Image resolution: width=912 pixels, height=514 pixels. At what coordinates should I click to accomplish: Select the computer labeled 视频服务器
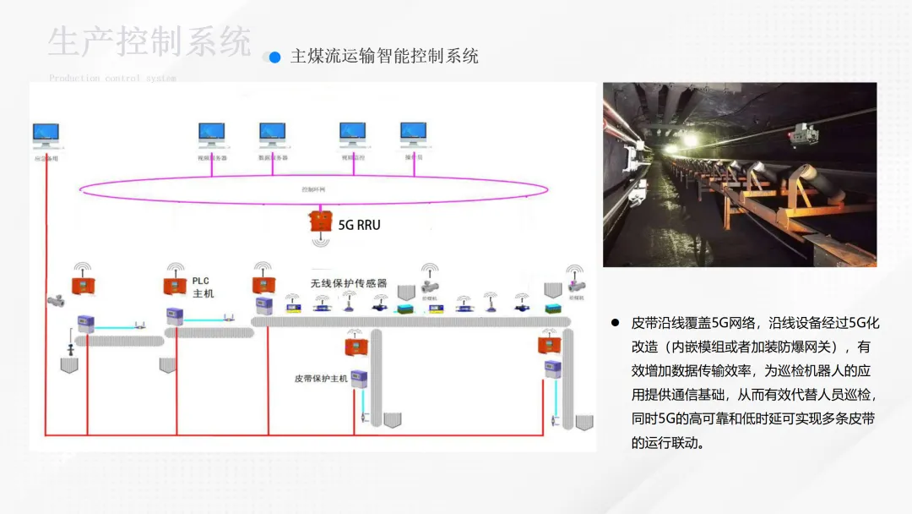click(x=211, y=134)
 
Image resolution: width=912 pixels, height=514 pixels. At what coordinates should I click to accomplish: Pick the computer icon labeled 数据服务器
click(x=272, y=134)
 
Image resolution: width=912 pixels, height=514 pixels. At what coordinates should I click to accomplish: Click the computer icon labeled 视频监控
click(x=352, y=134)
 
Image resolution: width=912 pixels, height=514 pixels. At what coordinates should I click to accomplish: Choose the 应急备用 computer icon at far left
click(x=46, y=134)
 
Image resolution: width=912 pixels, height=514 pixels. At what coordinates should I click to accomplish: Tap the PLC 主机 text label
click(x=203, y=287)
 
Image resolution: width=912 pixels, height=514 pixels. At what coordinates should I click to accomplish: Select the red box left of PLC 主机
click(x=175, y=286)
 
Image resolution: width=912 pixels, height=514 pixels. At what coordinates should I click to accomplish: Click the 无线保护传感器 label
click(x=348, y=284)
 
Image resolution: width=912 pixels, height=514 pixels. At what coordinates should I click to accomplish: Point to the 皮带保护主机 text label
click(x=321, y=378)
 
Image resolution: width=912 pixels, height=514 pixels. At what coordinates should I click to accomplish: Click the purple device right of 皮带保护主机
click(x=361, y=378)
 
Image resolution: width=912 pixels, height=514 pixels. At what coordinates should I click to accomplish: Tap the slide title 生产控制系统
click(x=149, y=42)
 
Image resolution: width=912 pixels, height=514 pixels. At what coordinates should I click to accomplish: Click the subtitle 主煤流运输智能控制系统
click(x=384, y=57)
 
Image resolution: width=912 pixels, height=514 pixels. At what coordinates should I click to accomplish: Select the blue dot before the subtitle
click(x=274, y=57)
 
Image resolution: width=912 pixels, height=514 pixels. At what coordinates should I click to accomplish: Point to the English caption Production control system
click(x=112, y=79)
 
